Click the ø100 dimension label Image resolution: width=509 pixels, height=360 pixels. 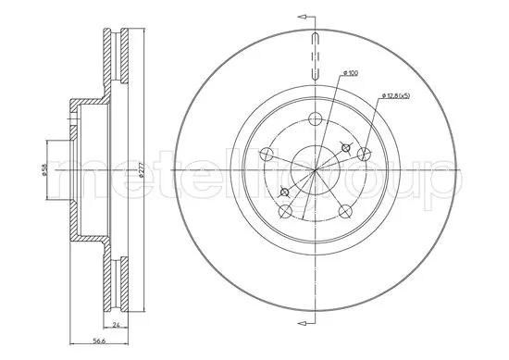click(x=350, y=73)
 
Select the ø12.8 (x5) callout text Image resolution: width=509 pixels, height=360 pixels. click(x=396, y=95)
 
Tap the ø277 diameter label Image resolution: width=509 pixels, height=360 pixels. click(x=141, y=170)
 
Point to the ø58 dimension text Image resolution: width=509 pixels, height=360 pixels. click(x=43, y=169)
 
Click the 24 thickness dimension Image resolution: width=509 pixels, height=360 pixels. click(x=116, y=325)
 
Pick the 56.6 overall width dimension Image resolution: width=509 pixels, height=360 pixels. click(x=99, y=341)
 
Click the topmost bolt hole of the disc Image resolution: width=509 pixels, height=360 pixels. click(x=315, y=118)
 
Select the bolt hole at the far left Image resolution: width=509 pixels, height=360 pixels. click(x=267, y=155)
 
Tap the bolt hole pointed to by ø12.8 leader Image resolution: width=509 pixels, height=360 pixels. click(x=364, y=155)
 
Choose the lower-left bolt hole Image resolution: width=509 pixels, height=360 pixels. click(x=285, y=211)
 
